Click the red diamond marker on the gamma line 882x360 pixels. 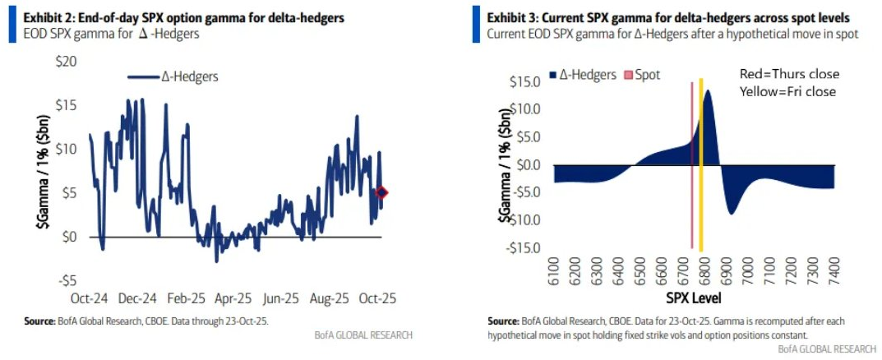[x=381, y=192]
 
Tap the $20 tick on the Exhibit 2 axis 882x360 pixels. [x=66, y=62]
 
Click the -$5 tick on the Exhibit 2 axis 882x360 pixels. [x=67, y=279]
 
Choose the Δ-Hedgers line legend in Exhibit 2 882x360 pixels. [x=172, y=76]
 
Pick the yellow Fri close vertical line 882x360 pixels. [x=700, y=164]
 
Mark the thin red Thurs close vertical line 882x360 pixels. [x=691, y=164]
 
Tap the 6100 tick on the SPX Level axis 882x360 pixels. [x=554, y=269]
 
